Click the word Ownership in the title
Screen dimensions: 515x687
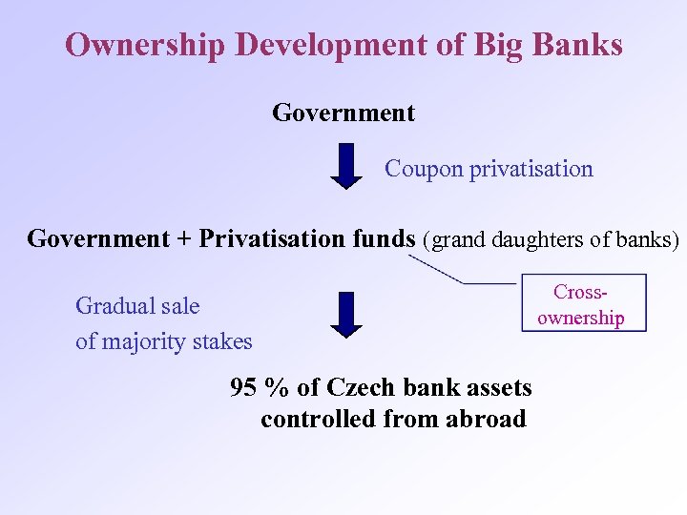[x=144, y=45]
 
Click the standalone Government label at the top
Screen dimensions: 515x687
[x=343, y=113]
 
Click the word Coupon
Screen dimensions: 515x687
[x=423, y=169]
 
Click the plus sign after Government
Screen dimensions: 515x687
[x=183, y=238]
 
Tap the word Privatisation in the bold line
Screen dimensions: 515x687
[x=268, y=237]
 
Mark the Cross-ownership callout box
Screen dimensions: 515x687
[x=583, y=303]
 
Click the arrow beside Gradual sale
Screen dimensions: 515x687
[x=350, y=314]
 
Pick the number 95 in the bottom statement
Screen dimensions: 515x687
[x=244, y=387]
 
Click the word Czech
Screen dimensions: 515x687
[x=361, y=387]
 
